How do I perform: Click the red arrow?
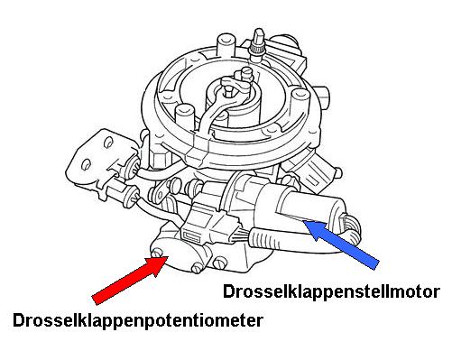[130, 280]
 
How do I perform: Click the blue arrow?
[341, 244]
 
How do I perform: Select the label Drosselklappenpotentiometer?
[138, 321]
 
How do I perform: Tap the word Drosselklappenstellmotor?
[331, 292]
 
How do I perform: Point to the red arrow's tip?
[168, 256]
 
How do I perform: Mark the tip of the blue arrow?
[303, 221]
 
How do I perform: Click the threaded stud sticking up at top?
[258, 42]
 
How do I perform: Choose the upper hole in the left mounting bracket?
[108, 143]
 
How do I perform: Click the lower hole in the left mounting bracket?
[87, 164]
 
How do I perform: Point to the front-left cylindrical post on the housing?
[185, 117]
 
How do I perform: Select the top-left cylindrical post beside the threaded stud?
[225, 45]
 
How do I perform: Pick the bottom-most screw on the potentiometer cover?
[197, 268]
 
